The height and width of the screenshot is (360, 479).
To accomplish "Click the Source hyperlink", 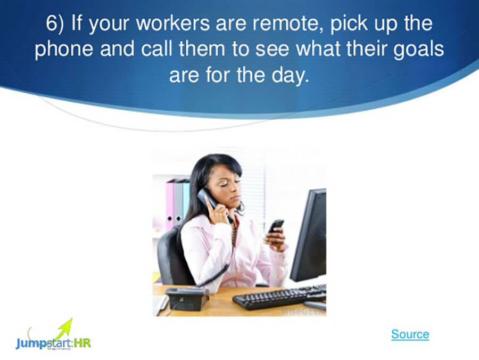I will click(x=410, y=334).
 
